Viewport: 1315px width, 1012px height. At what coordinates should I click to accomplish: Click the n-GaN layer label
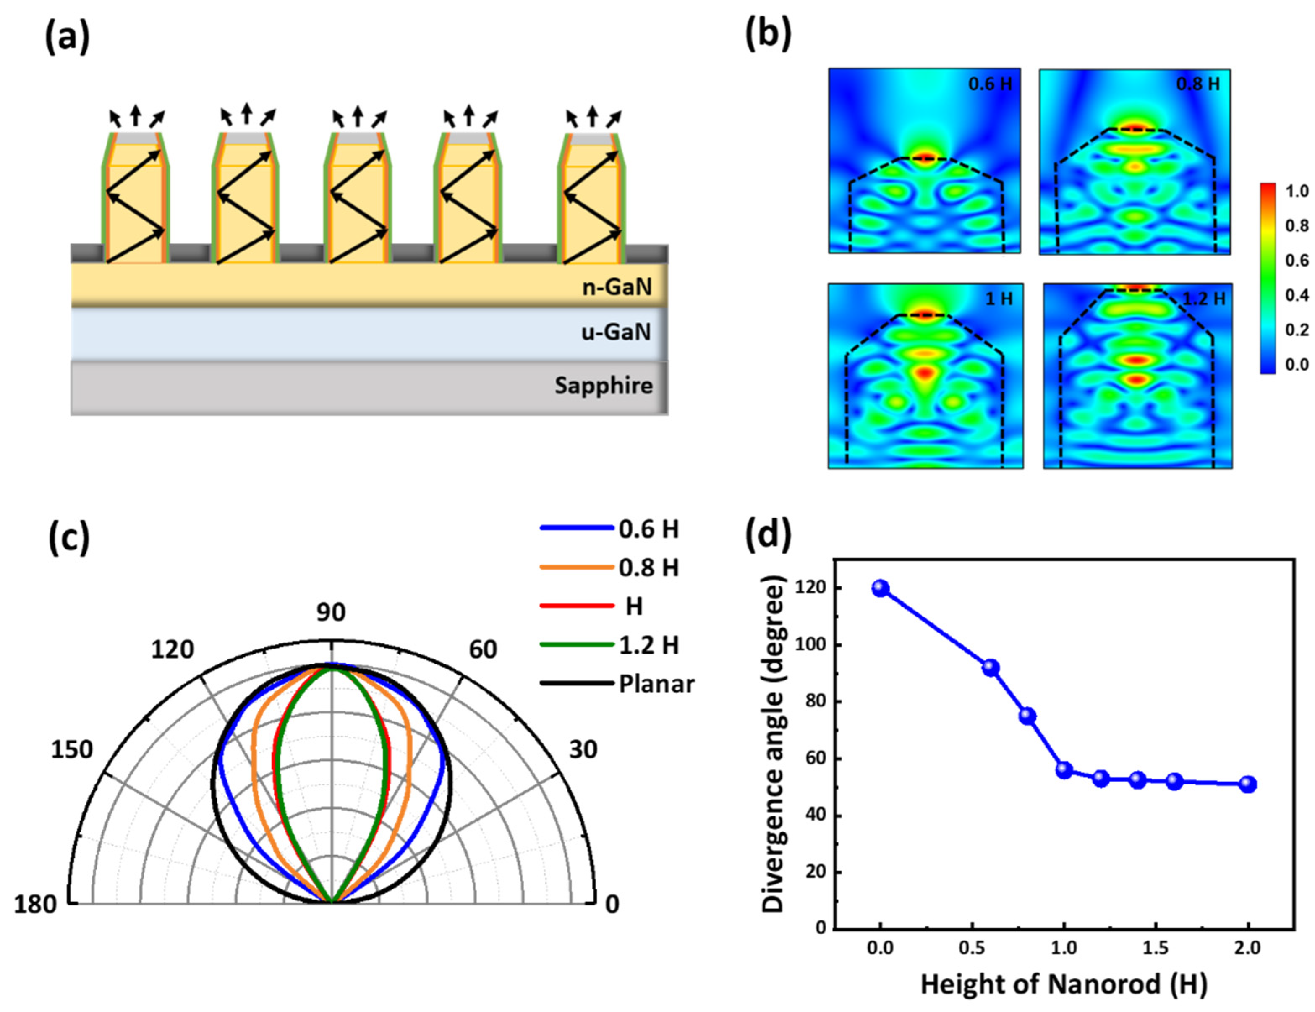click(x=617, y=287)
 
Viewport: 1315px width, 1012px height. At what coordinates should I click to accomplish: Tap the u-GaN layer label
click(x=616, y=332)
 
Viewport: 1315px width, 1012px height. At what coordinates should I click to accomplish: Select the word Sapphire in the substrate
click(x=603, y=385)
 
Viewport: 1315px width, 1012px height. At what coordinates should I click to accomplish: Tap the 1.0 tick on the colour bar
click(x=1297, y=191)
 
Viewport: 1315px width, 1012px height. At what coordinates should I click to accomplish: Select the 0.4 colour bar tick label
click(x=1297, y=295)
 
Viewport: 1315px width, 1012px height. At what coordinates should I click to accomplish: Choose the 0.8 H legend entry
click(x=648, y=568)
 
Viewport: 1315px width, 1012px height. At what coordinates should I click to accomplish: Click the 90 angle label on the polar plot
click(x=331, y=612)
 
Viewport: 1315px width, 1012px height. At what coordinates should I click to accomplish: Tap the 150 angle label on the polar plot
click(x=72, y=750)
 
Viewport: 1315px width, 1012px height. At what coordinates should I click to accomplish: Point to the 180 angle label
click(x=35, y=904)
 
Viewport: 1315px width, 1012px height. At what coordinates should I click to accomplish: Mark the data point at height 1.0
click(x=1064, y=770)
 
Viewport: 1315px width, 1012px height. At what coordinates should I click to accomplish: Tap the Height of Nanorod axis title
click(x=1064, y=984)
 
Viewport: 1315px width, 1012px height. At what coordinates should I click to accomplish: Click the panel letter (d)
click(x=768, y=535)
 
